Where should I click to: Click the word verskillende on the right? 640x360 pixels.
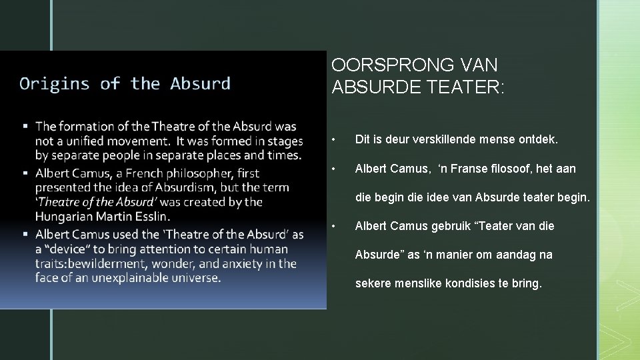(x=446, y=140)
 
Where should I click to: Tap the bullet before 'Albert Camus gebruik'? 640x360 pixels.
(x=341, y=227)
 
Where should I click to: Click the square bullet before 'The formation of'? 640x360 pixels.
(x=25, y=126)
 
